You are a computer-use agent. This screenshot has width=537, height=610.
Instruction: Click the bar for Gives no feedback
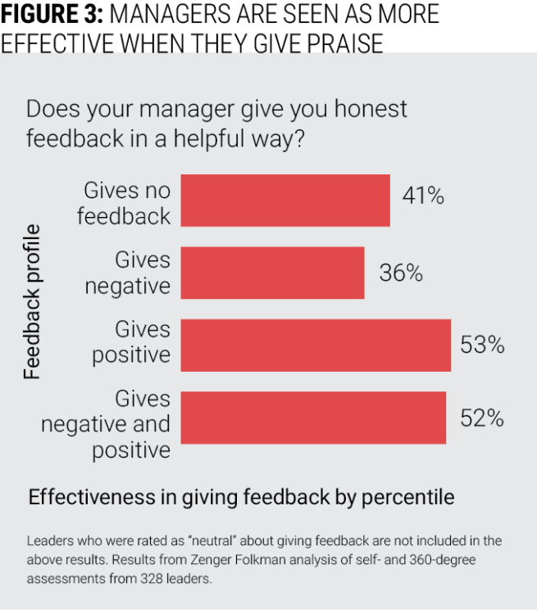284,200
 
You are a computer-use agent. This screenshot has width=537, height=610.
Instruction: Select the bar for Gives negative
272,273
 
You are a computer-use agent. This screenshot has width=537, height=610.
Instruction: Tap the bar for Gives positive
315,346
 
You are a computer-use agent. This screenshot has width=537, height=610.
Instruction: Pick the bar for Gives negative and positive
312,418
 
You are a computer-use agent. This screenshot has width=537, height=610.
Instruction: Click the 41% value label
422,197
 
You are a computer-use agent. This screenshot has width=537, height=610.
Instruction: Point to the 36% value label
400,273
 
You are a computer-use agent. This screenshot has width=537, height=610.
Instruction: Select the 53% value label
481,346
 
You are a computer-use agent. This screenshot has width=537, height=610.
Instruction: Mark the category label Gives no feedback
128,202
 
